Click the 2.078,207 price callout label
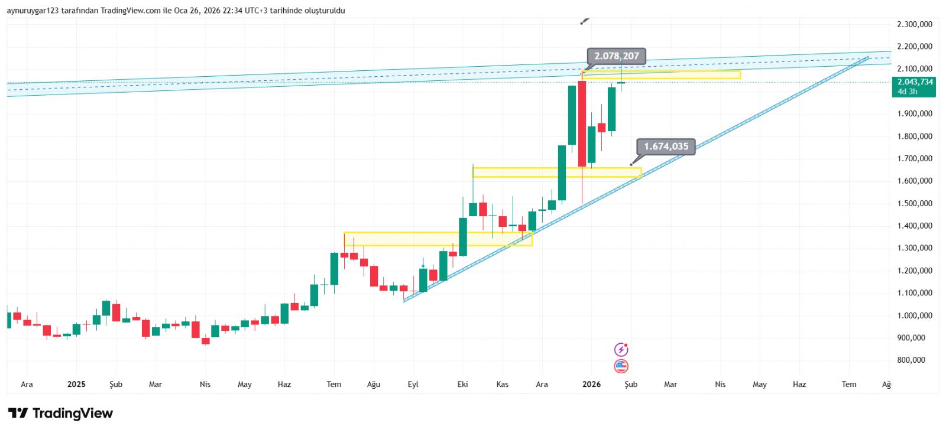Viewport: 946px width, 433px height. click(617, 56)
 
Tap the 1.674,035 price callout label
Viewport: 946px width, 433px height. click(666, 146)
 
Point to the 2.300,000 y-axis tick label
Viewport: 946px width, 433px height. click(914, 24)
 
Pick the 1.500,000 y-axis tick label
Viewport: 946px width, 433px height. click(914, 203)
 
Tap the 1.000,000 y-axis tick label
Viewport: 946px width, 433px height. click(914, 315)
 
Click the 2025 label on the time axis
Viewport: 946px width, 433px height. click(76, 384)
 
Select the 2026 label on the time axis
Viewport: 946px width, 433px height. click(591, 384)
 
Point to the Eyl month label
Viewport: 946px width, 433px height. click(413, 384)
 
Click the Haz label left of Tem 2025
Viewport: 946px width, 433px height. click(284, 384)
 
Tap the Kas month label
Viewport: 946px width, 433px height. click(502, 384)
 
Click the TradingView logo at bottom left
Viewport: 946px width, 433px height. click(60, 413)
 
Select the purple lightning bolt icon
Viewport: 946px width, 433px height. click(621, 350)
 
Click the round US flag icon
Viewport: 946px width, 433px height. click(621, 366)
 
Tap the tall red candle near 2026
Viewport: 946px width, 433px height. click(582, 124)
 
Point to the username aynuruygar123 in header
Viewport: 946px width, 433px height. click(33, 11)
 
